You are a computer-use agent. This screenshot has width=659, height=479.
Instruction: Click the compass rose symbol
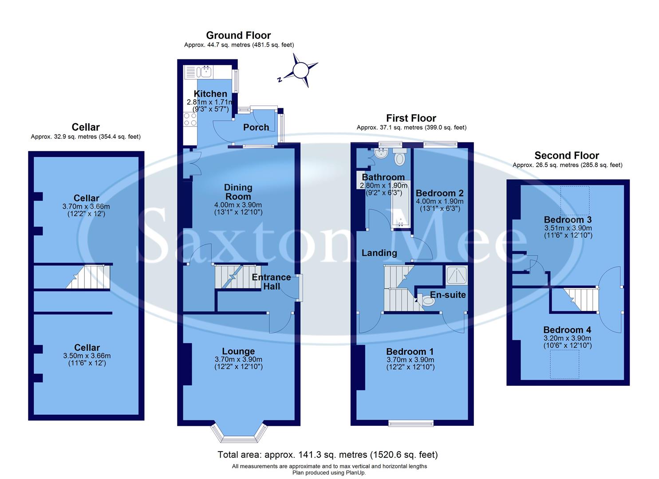[300, 70]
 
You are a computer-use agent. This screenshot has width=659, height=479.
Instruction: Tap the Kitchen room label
[210, 94]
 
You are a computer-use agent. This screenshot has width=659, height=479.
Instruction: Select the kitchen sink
[206, 71]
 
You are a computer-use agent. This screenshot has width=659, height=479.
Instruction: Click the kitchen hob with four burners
[190, 119]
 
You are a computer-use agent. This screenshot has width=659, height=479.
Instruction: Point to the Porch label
[256, 127]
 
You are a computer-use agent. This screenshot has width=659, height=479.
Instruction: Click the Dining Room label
[238, 192]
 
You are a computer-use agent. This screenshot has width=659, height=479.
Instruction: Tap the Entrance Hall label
[271, 282]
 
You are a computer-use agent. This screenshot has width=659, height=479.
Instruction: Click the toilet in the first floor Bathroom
[400, 157]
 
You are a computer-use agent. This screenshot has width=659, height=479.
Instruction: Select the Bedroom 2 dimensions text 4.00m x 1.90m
[439, 201]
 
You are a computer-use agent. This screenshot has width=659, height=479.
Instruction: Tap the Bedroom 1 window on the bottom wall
[411, 423]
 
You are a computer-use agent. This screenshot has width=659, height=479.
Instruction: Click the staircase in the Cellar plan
[88, 277]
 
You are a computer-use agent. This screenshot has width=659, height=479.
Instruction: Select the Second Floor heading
[567, 155]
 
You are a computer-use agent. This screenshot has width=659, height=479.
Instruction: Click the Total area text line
[328, 455]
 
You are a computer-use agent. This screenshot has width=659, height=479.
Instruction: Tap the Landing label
[379, 253]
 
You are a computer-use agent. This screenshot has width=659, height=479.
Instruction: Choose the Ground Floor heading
[238, 35]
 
